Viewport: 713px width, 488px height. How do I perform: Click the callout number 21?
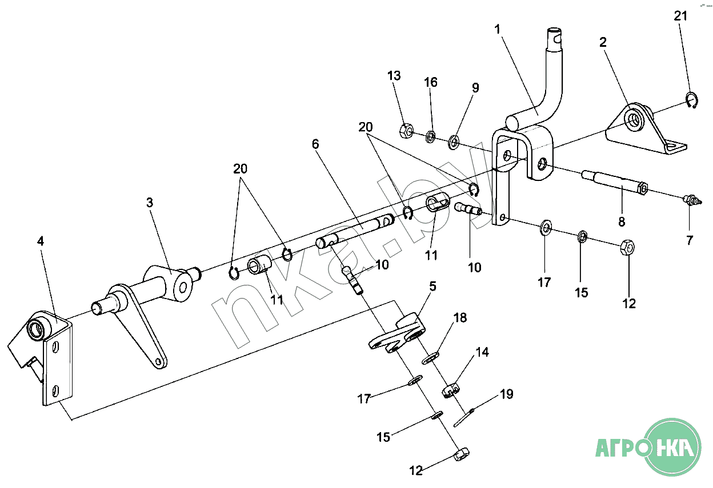coord(680,16)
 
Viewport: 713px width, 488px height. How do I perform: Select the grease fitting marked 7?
coord(692,200)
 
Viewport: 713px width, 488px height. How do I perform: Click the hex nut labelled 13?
coord(406,131)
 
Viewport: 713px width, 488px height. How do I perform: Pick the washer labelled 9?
coord(455,140)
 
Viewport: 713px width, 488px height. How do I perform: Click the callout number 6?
coord(315,144)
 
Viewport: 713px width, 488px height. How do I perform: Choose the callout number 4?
coord(40,241)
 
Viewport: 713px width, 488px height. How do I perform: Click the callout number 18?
coord(460,318)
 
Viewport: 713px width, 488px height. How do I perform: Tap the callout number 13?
coord(394,75)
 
